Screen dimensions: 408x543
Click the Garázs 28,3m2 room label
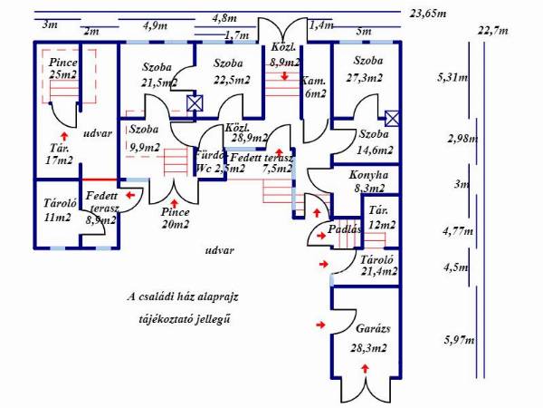point(367,338)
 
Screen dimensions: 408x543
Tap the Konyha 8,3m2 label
point(368,180)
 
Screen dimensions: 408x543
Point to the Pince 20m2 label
point(175,218)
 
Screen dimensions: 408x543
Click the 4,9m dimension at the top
point(156,25)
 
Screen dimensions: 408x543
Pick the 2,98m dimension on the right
point(462,139)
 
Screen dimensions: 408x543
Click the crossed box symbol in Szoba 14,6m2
point(392,118)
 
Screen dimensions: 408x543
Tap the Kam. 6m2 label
point(314,86)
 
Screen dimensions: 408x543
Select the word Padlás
point(346,229)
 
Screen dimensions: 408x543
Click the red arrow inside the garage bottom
point(365,367)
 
